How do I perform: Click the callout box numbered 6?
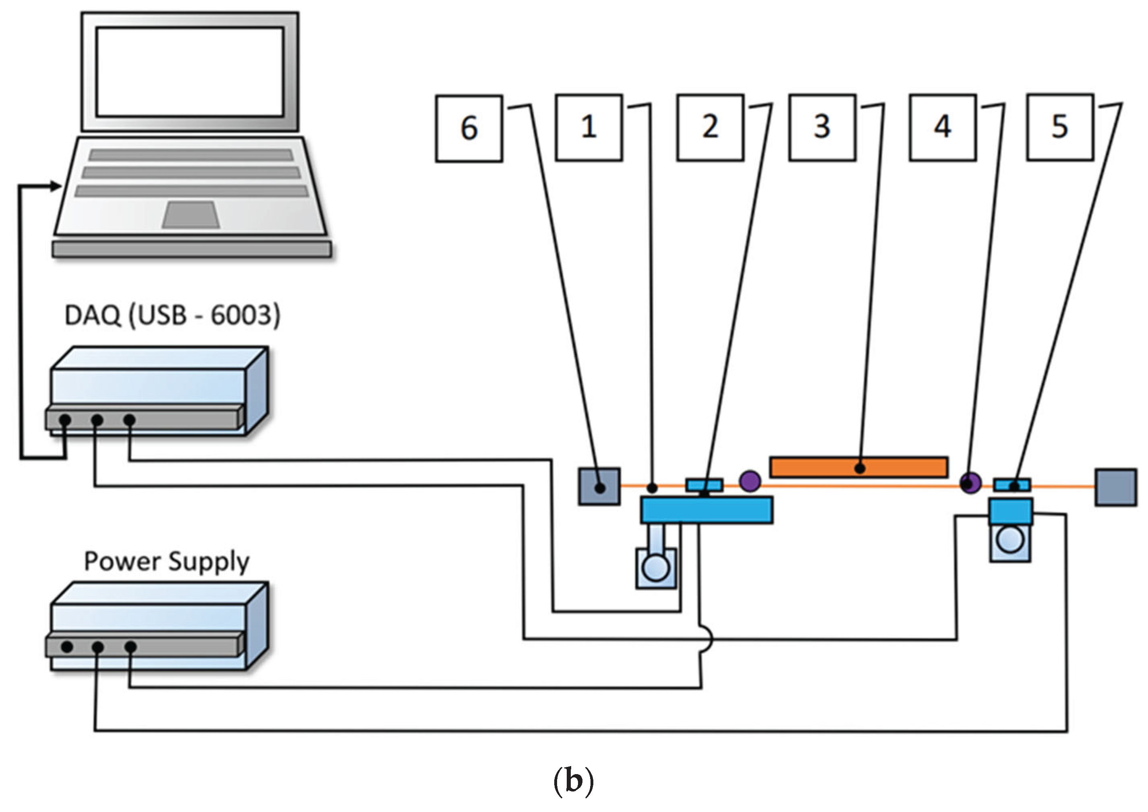pyautogui.click(x=468, y=128)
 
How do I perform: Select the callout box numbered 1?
pyautogui.click(x=589, y=128)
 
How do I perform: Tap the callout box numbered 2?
pyautogui.click(x=710, y=128)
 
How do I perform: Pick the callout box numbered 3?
pyautogui.click(x=822, y=128)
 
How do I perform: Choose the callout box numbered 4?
pyautogui.click(x=943, y=128)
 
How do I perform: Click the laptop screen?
pyautogui.click(x=190, y=72)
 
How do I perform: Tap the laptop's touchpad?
pyautogui.click(x=191, y=215)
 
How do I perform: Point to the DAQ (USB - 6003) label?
pyautogui.click(x=172, y=315)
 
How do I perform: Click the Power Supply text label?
pyautogui.click(x=166, y=561)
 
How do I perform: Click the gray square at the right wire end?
pyautogui.click(x=1116, y=487)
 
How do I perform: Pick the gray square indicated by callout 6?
pyautogui.click(x=599, y=487)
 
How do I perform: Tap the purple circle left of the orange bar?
pyautogui.click(x=750, y=481)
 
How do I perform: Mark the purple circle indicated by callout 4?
pyautogui.click(x=970, y=483)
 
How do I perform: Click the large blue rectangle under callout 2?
pyautogui.click(x=707, y=510)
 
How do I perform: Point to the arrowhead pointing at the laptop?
pyautogui.click(x=56, y=186)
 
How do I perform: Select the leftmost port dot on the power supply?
pyautogui.click(x=67, y=646)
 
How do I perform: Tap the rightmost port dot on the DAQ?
pyautogui.click(x=129, y=420)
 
